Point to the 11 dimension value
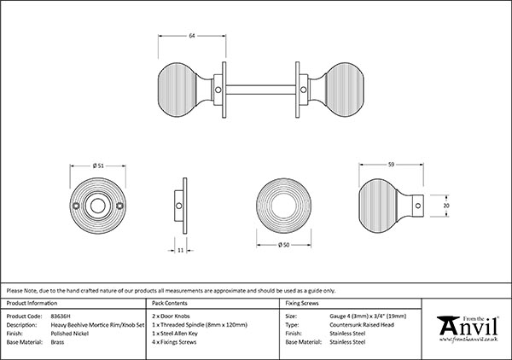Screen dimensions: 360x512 183,250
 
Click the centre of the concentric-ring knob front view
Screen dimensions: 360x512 284,206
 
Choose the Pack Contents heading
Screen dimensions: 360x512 171,303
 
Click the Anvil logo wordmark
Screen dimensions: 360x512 468,328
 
